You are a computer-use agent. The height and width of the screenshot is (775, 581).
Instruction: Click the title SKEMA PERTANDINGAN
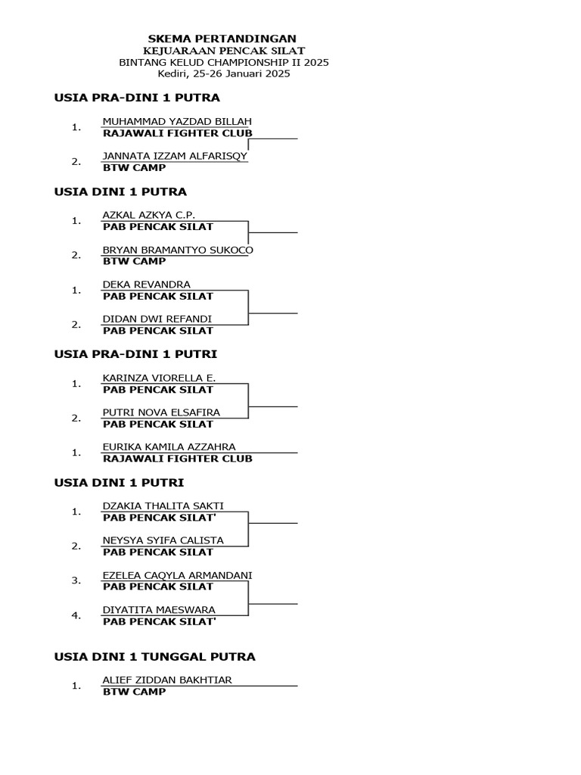pos(222,39)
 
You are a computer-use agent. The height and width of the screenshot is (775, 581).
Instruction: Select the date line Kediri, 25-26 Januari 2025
pos(224,74)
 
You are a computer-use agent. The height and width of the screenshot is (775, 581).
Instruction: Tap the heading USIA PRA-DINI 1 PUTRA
pos(137,98)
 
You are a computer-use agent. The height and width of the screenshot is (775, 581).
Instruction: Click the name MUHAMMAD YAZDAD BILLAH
pos(177,121)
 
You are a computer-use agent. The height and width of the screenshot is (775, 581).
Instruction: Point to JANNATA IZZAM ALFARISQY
pos(175,156)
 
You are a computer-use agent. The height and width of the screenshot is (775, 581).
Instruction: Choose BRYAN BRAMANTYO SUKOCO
pos(178,250)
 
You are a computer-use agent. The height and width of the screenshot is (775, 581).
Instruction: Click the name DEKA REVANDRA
pos(146,285)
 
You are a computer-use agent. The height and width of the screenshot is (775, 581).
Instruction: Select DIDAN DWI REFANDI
pos(157,319)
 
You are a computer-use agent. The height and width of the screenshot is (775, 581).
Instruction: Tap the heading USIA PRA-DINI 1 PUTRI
pos(135,353)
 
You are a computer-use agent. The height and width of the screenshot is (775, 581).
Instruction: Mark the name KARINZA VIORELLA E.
pos(159,378)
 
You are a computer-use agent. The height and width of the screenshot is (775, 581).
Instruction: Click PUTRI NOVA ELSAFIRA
pos(161,412)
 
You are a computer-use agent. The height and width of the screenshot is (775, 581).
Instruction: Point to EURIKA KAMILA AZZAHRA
pos(169,447)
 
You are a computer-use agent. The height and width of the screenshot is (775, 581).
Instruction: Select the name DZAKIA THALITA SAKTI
pos(163,506)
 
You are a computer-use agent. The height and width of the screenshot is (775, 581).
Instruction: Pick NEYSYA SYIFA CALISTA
pos(163,540)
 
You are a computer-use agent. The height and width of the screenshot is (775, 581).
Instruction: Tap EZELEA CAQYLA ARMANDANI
pos(177,575)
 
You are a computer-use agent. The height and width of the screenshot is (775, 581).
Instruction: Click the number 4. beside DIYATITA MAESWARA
pos(76,615)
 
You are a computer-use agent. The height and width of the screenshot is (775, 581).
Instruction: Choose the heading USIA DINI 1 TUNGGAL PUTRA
pos(154,657)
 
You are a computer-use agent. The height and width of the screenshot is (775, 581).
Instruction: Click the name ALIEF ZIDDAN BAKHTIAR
pos(166,680)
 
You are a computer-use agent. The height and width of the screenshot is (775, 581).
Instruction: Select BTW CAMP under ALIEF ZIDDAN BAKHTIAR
pos(134,692)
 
